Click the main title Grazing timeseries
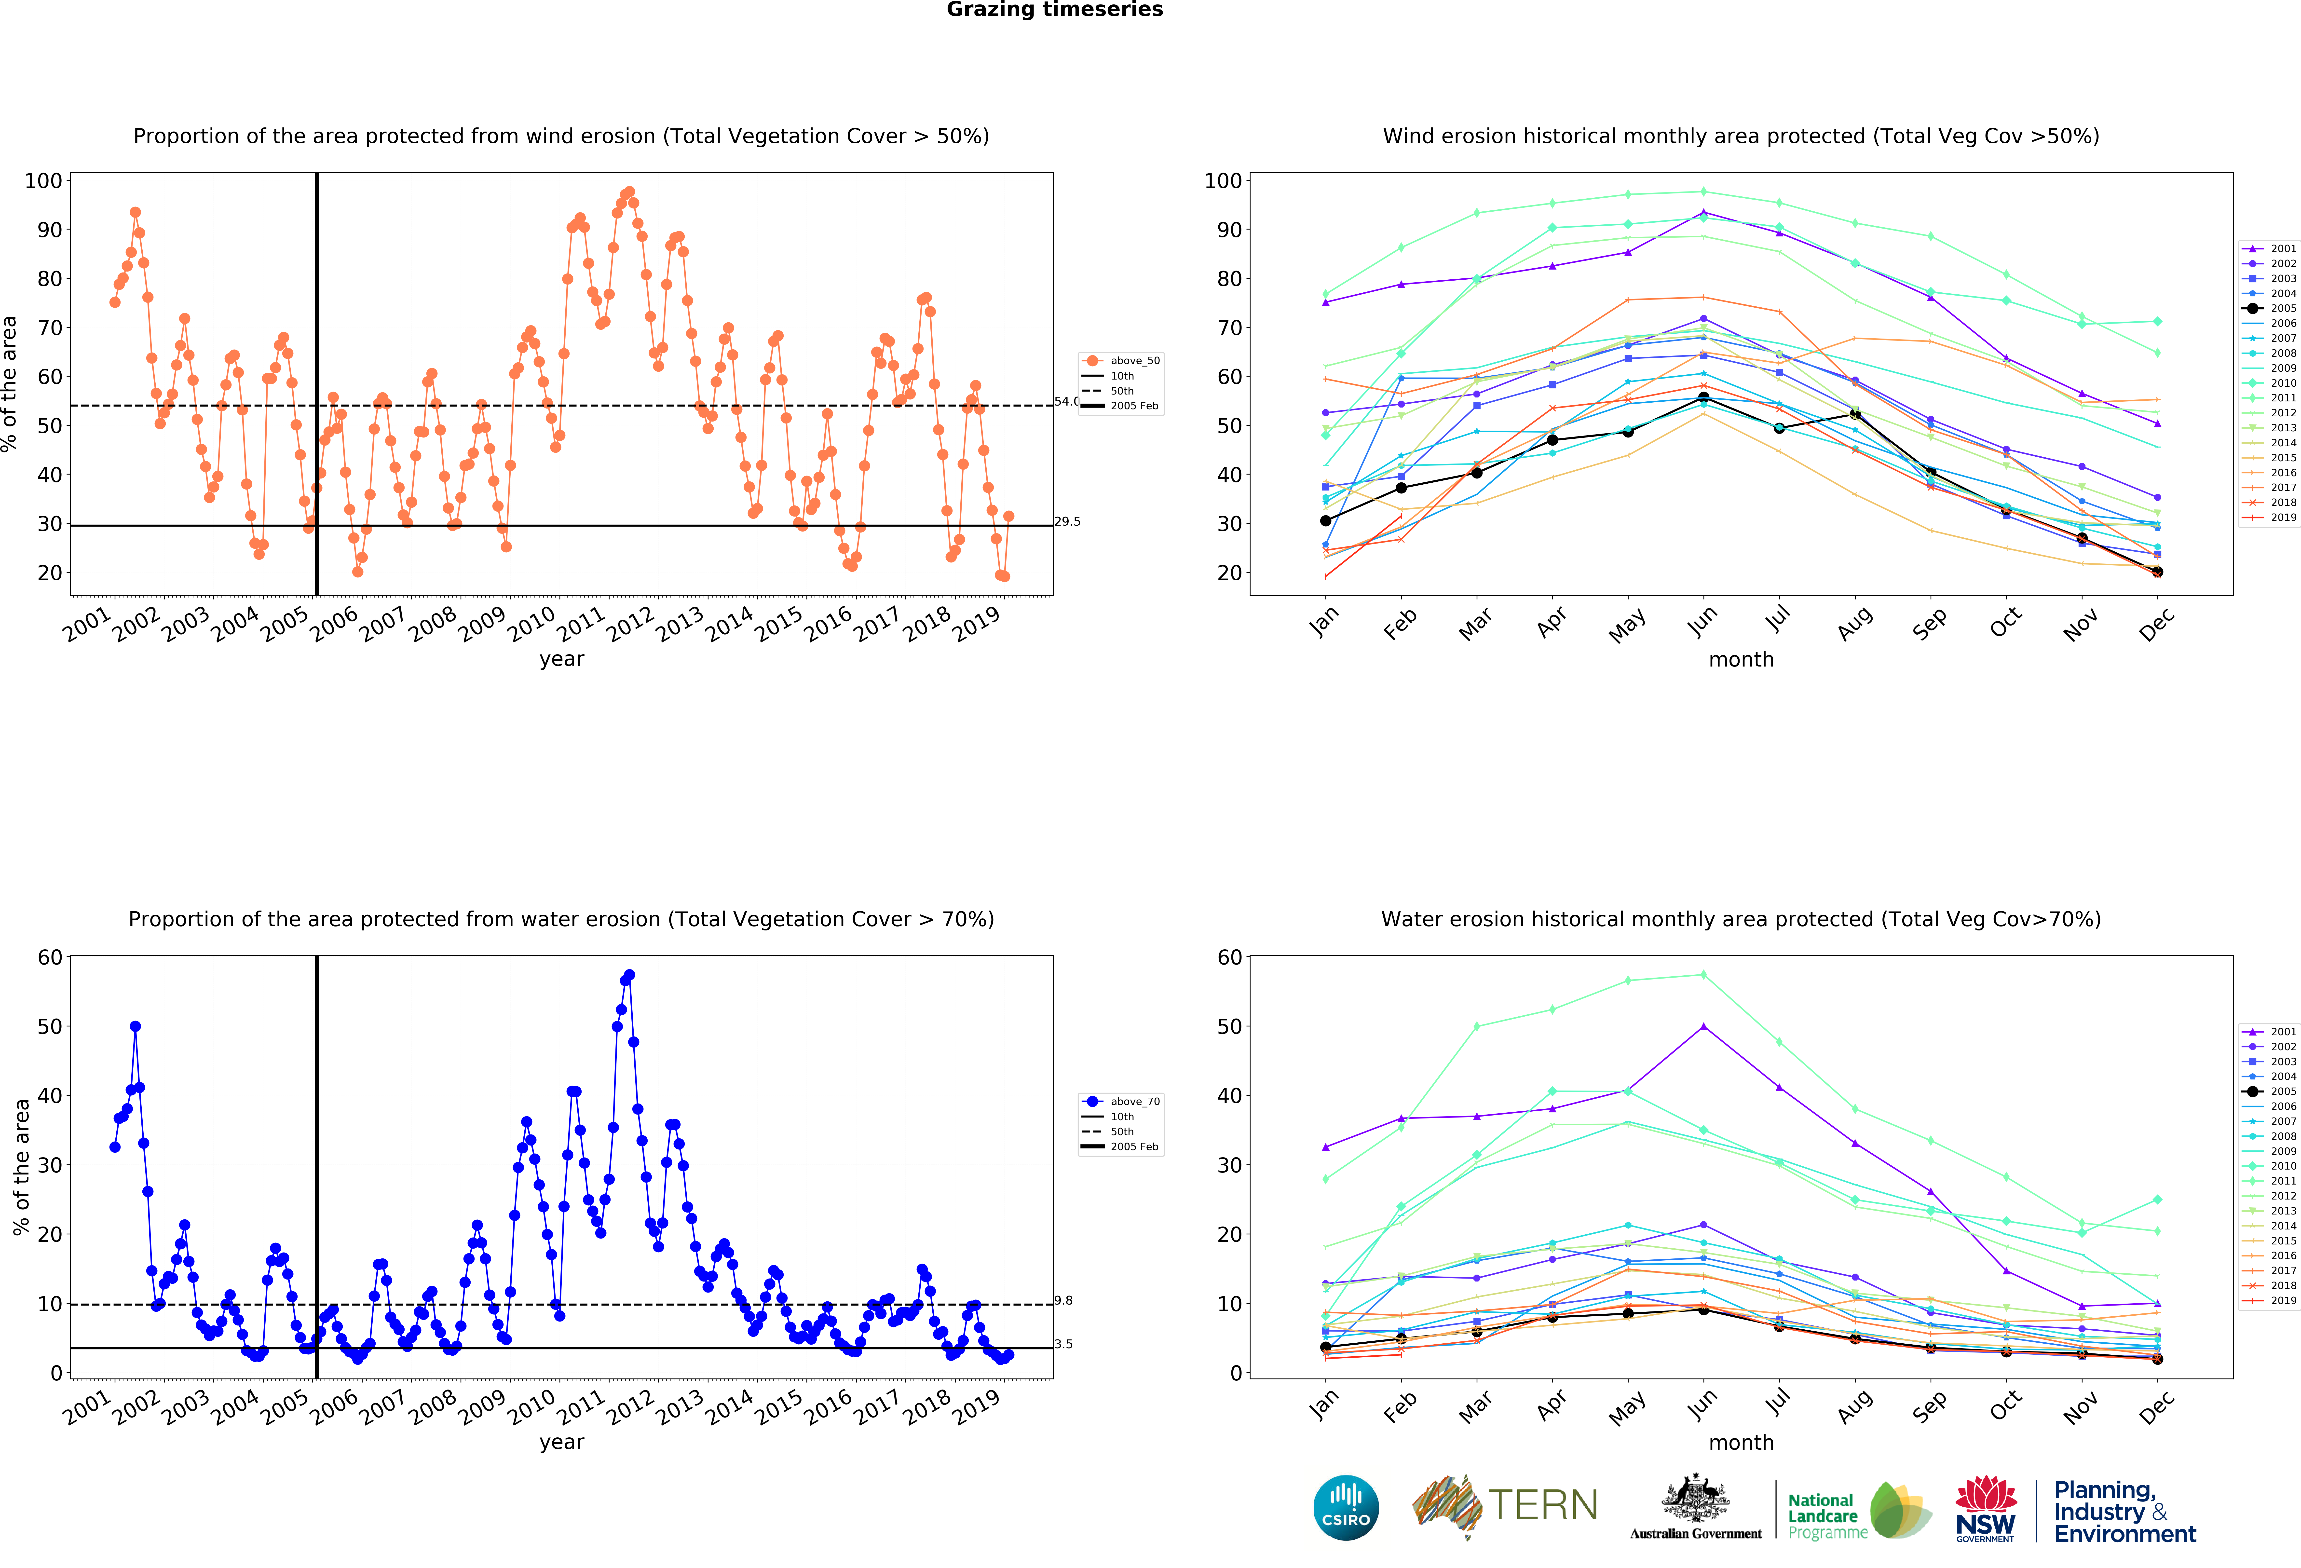pos(1054,10)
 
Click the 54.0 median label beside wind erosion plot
pos(1065,401)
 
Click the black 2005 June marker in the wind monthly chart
pos(1703,398)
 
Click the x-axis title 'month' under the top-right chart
pos(1741,659)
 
